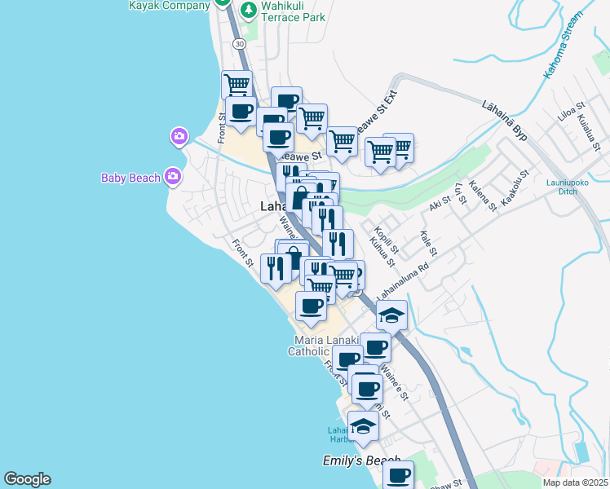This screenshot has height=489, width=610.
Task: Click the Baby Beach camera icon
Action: (172, 175)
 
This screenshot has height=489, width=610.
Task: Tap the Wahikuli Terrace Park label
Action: (293, 11)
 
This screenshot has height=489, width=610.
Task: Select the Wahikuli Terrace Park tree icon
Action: (248, 10)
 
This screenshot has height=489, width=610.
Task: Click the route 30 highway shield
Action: (238, 42)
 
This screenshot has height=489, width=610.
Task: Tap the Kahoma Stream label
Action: (564, 46)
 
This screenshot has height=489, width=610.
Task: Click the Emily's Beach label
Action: (360, 461)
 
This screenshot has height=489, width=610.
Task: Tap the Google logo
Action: (27, 479)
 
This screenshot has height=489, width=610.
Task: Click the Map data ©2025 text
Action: (575, 482)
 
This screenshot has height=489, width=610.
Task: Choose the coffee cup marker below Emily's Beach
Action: (398, 475)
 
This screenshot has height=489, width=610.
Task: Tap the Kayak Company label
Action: (169, 4)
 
